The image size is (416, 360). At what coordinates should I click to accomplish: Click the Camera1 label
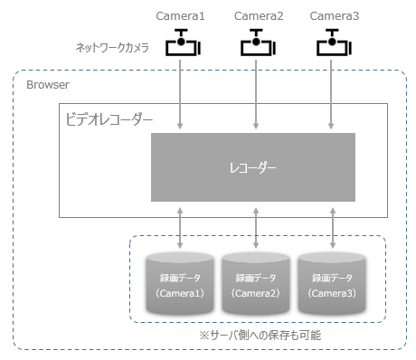point(181,16)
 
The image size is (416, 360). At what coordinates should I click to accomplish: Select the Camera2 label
point(259,16)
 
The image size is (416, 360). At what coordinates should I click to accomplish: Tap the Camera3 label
point(335,16)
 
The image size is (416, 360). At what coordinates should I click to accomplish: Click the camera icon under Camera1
point(183,44)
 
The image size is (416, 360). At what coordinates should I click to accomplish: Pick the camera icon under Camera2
point(260,44)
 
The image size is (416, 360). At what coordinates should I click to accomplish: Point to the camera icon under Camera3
point(336,44)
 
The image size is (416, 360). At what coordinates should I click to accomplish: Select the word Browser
point(48,84)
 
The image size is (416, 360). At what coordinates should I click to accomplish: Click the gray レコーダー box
point(251,167)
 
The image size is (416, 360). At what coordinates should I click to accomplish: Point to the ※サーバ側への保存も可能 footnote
point(260,335)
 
